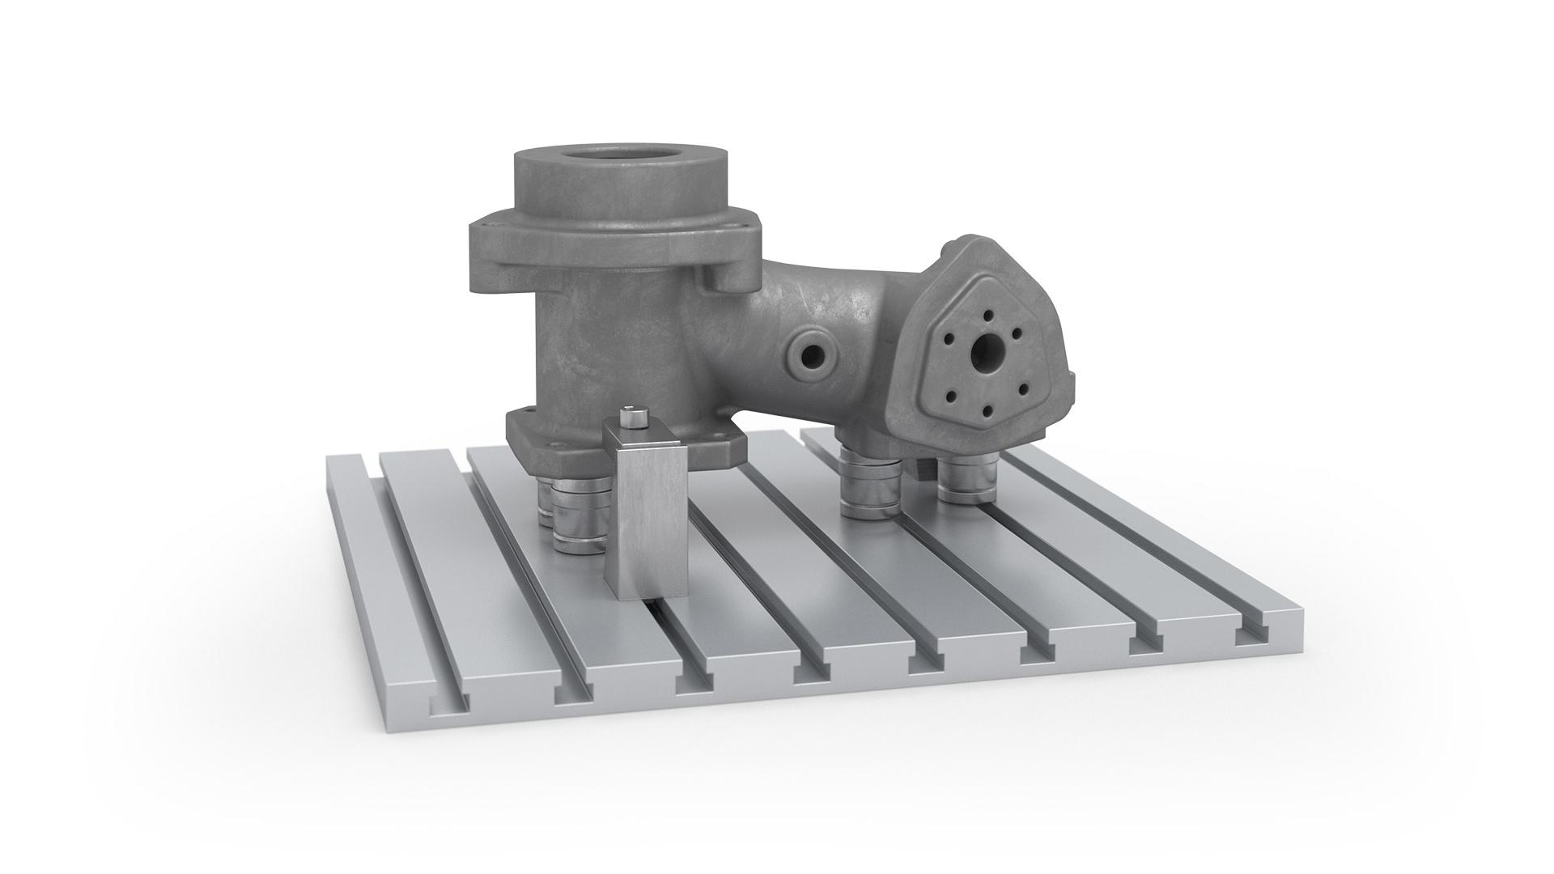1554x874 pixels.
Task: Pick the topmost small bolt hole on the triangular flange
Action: [x=988, y=314]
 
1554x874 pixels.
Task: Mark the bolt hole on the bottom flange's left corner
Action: [x=521, y=414]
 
